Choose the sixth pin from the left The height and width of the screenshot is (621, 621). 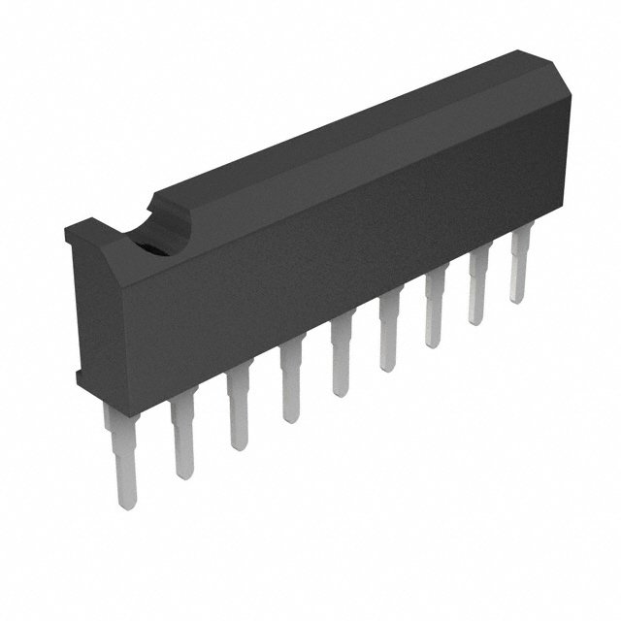pos(389,336)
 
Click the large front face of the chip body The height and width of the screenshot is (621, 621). pos(340,262)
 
